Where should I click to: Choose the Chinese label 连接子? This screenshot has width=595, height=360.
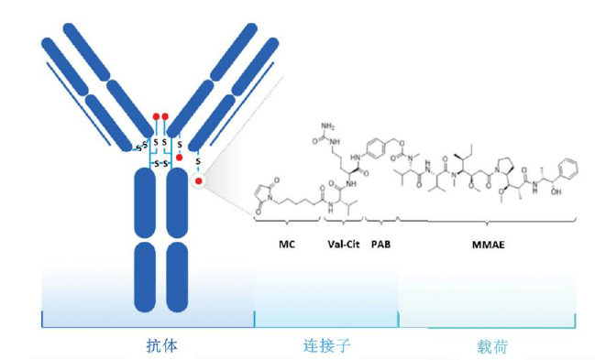pyautogui.click(x=327, y=346)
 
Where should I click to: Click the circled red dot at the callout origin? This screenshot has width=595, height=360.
pyautogui.click(x=198, y=182)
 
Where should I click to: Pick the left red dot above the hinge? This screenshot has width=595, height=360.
pyautogui.click(x=157, y=116)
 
